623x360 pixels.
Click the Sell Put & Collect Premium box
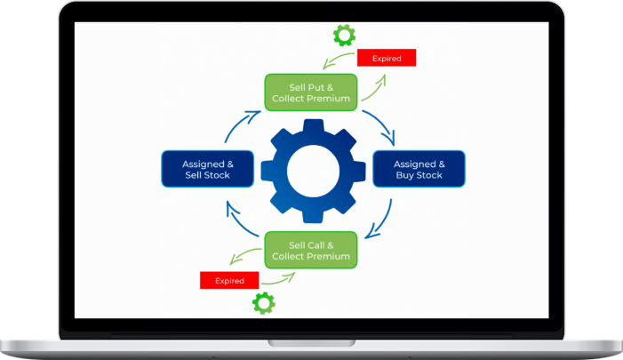(311, 92)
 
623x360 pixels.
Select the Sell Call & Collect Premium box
(311, 250)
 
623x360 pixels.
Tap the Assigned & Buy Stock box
(418, 169)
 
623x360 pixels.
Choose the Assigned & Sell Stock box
(206, 169)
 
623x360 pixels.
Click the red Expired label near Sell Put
(387, 59)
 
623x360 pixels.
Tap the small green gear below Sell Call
(264, 303)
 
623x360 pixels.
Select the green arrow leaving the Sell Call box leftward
(245, 259)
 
